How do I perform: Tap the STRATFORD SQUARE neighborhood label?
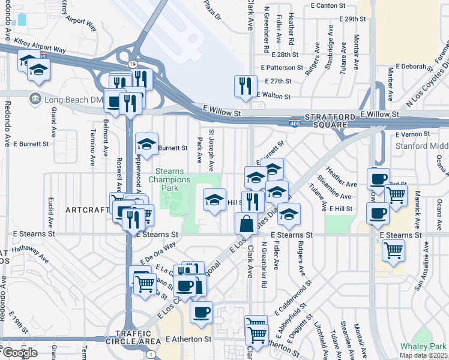point(327,121)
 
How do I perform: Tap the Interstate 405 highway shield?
point(294,120)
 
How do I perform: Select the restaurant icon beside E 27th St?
point(245,86)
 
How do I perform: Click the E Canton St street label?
point(329,5)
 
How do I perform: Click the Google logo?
point(20,352)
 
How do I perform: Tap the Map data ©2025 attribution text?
point(423,355)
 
